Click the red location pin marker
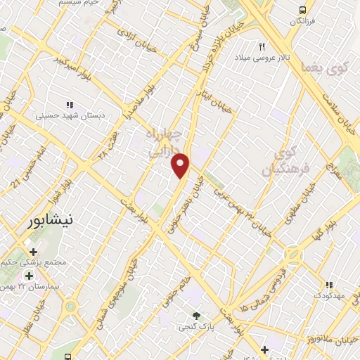[x=181, y=165]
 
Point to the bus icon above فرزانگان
[x=302, y=11]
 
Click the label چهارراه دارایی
[x=163, y=141]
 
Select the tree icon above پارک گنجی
[x=197, y=316]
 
